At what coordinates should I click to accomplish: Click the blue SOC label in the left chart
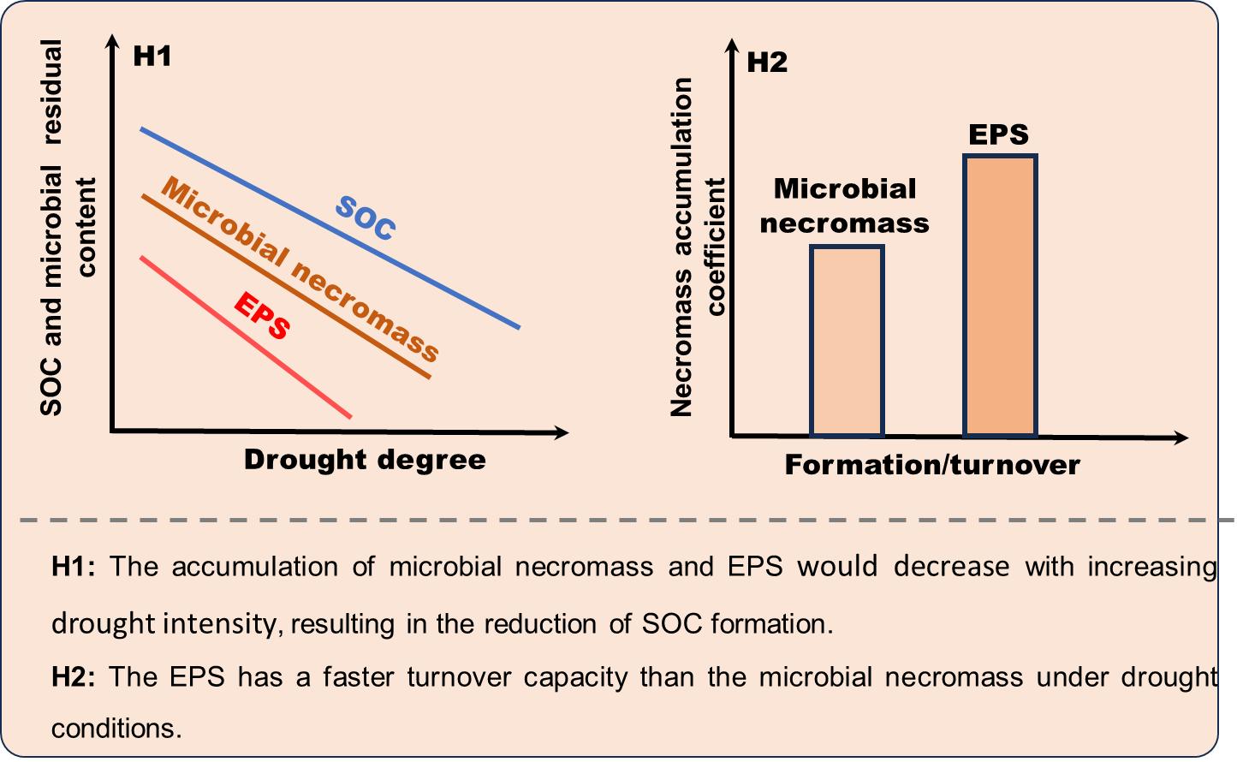click(x=366, y=217)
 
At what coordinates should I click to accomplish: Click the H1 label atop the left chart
click(x=152, y=57)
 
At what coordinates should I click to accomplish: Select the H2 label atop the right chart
click(x=767, y=63)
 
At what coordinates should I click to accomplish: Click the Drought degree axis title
click(x=365, y=460)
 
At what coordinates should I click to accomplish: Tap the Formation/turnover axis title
click(x=932, y=465)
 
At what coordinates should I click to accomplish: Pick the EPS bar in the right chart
click(x=1000, y=295)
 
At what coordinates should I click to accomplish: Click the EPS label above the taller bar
click(x=998, y=134)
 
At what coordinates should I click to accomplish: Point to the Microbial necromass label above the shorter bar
click(x=845, y=205)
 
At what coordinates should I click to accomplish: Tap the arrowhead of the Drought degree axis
click(x=562, y=432)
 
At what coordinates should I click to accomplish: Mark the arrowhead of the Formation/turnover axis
click(x=1181, y=438)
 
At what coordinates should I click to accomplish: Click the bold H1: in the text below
click(x=74, y=567)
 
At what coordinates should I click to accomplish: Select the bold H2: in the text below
click(x=74, y=677)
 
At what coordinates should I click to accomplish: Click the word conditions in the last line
click(x=116, y=729)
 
